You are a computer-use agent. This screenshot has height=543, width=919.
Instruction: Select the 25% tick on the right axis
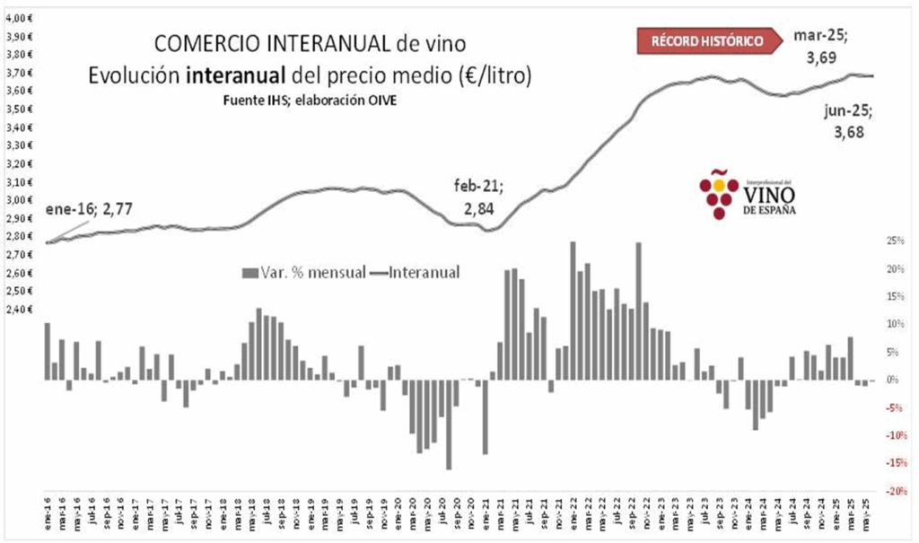(x=895, y=241)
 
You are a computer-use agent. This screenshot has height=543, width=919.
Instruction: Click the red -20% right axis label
(x=893, y=491)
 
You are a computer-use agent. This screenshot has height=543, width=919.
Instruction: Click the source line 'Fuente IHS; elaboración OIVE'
(x=310, y=99)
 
